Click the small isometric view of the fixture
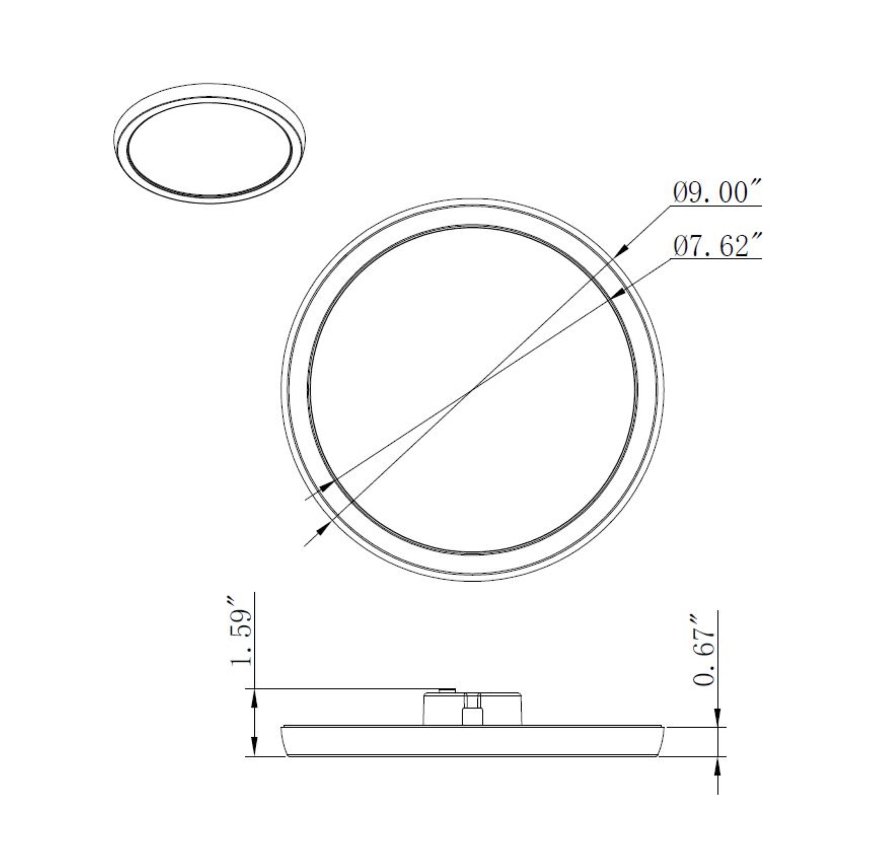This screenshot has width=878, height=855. point(210,143)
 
